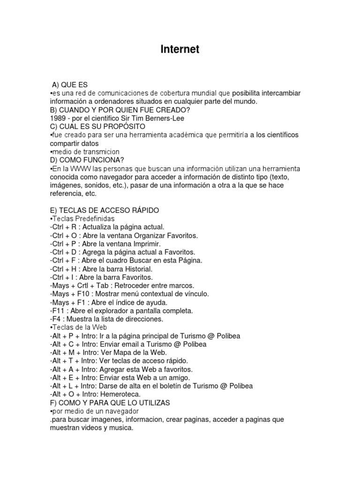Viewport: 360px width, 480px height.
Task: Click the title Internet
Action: point(180,49)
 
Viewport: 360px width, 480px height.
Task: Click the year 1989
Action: point(58,118)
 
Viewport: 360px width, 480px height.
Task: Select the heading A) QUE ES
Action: point(70,84)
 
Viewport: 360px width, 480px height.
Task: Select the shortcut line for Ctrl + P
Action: point(105,244)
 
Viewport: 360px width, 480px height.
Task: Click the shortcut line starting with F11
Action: point(121,311)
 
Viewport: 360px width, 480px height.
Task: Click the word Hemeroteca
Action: point(120,394)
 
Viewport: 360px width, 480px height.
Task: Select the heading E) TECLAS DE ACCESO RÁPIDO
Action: point(105,210)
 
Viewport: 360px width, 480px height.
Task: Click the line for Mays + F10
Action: point(129,294)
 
